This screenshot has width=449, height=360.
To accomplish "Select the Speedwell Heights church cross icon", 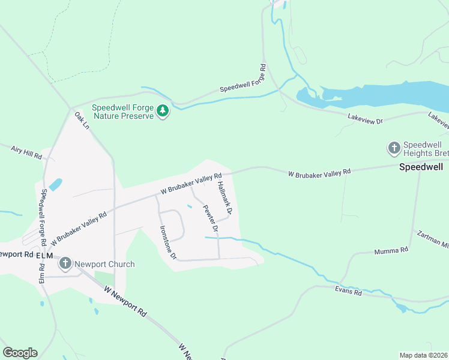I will pyautogui.click(x=394, y=148).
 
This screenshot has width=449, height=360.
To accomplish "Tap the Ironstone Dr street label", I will pyautogui.click(x=167, y=242).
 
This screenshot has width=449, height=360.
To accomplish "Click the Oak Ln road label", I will pyautogui.click(x=82, y=122).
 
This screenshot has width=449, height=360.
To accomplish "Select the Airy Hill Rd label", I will pyautogui.click(x=26, y=152).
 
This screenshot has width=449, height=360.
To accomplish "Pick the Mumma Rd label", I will pyautogui.click(x=391, y=250).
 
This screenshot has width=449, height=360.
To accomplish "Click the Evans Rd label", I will pyautogui.click(x=348, y=292).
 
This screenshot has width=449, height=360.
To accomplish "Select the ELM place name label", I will pyautogui.click(x=44, y=255).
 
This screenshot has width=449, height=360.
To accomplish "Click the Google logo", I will pyautogui.click(x=20, y=352).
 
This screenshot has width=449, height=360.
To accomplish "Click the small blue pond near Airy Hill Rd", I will pyautogui.click(x=55, y=185).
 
